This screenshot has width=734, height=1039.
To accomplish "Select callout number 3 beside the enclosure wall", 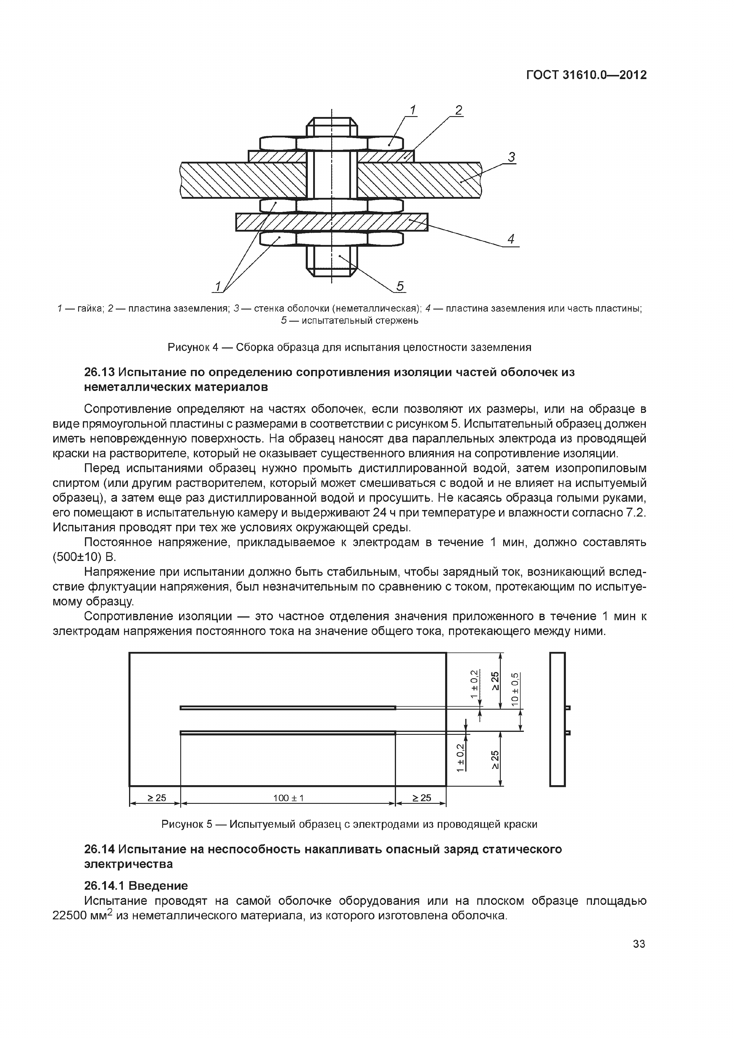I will pos(511,158).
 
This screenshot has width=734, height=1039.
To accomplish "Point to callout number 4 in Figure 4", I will pos(511,239).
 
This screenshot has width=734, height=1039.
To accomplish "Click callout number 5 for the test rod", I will pos(400,286).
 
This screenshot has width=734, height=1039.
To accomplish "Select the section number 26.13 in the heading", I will pos(99,372).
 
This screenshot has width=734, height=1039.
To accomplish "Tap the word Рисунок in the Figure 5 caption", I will pos(182,824).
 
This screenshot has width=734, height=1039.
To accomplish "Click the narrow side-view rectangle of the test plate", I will pos(557,719).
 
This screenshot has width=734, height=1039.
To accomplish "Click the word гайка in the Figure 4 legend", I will pos(91,309).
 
